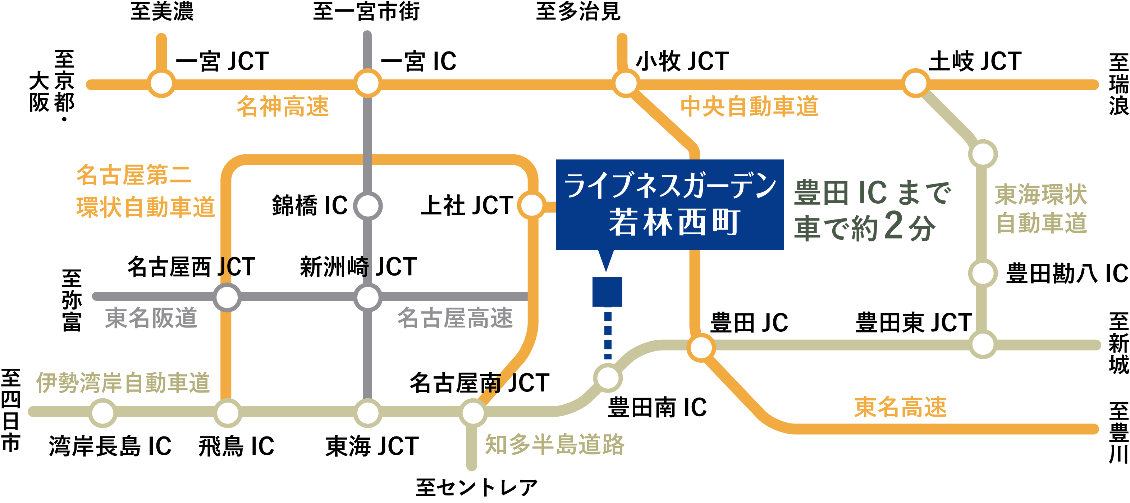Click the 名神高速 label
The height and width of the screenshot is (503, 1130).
tap(283, 107)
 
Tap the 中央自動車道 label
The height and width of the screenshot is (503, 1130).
tap(749, 107)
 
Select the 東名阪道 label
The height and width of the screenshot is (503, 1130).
tap(151, 318)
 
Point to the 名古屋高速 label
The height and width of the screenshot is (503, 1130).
tap(455, 318)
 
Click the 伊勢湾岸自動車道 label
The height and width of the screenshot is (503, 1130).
tap(123, 382)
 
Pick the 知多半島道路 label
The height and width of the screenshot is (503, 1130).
tap(554, 444)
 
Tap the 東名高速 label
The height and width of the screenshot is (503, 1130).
tap(900, 407)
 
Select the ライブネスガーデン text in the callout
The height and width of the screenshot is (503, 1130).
tap(670, 186)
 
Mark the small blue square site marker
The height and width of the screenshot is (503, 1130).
tap(607, 291)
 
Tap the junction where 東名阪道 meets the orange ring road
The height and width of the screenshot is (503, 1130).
tap(227, 297)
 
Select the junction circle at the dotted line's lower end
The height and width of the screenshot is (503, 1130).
tap(608, 377)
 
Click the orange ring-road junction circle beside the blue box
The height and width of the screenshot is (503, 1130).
tap(531, 205)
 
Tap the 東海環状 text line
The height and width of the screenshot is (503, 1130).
tap(1040, 194)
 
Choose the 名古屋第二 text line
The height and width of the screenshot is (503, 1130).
tap(134, 175)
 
